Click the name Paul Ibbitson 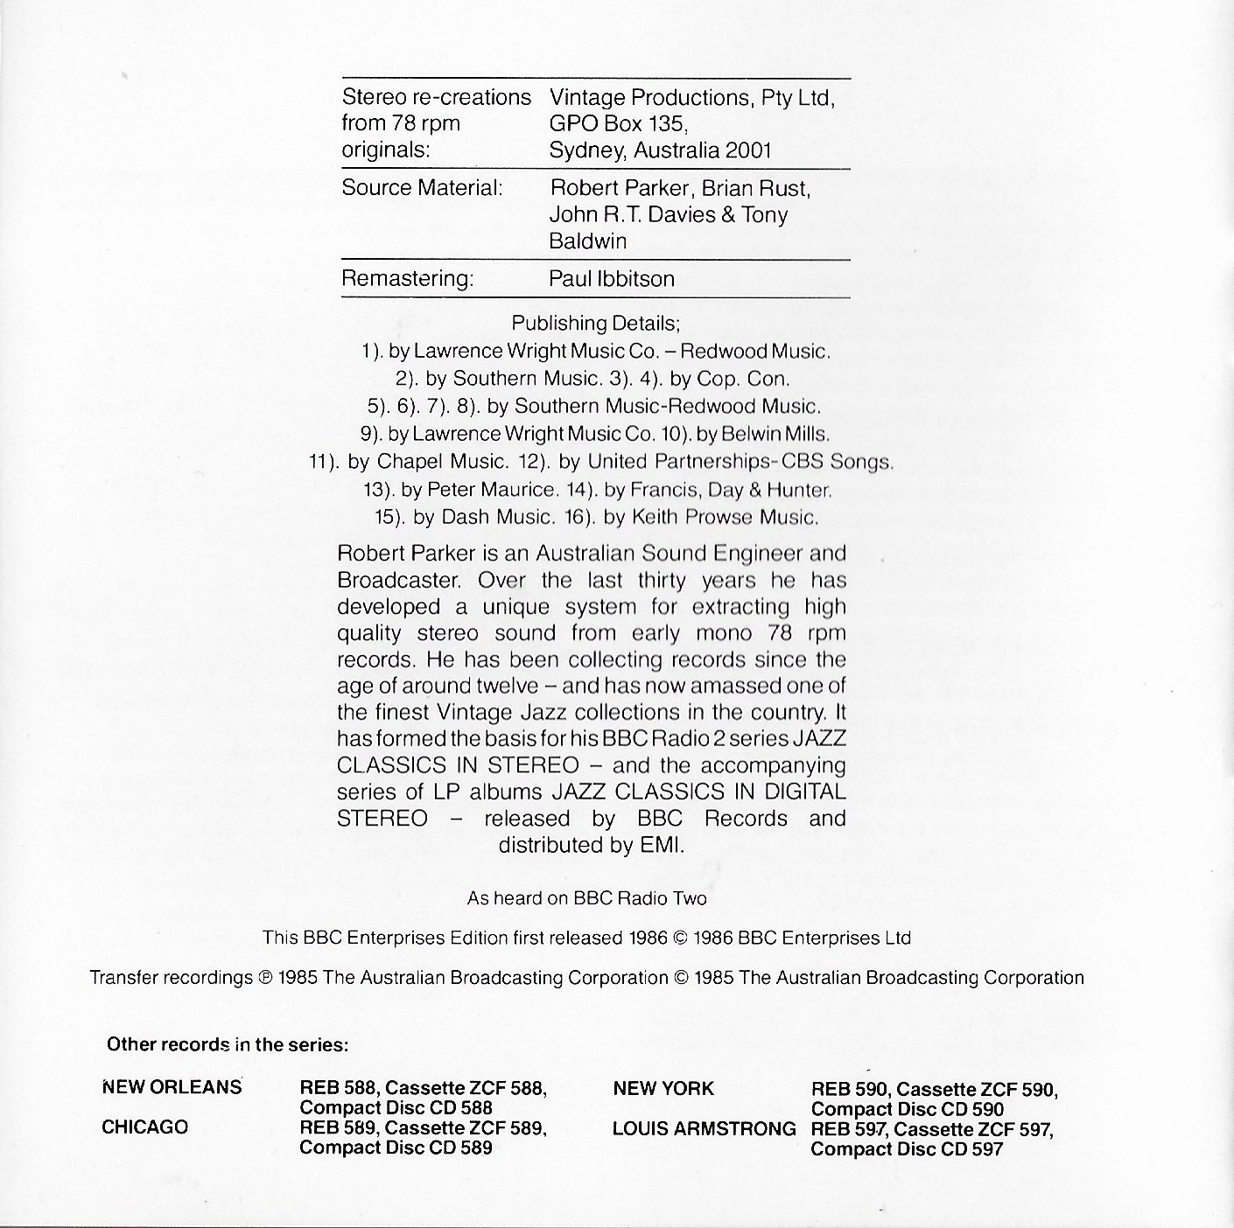[x=612, y=279]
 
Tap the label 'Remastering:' [x=407, y=279]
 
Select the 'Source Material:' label [x=422, y=188]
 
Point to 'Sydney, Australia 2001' [x=660, y=150]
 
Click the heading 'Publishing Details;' [x=596, y=323]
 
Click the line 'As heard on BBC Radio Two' [x=586, y=898]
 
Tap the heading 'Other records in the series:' [x=228, y=1044]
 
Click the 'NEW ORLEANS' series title [x=172, y=1088]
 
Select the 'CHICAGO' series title [x=145, y=1127]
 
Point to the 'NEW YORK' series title [x=663, y=1089]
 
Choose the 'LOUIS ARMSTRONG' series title [x=704, y=1129]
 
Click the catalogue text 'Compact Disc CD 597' [x=907, y=1149]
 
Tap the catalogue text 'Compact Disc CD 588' [x=396, y=1108]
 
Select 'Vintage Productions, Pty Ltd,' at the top [x=691, y=97]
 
